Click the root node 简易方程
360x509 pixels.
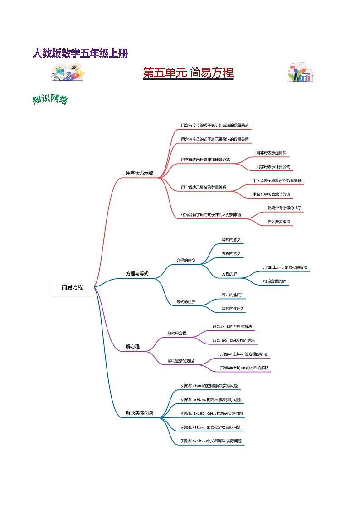point(73,287)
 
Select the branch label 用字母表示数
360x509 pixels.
point(140,173)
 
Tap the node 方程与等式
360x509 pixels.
point(137,274)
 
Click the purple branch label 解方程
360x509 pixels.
point(133,347)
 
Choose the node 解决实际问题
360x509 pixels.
point(140,413)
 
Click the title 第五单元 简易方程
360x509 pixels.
point(188,73)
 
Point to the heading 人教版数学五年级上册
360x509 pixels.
point(80,53)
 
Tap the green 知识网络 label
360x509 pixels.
point(50,100)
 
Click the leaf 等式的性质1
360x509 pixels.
point(233,295)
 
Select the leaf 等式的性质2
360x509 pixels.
point(233,309)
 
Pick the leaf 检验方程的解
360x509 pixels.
point(275,281)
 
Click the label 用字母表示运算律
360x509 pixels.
point(271,153)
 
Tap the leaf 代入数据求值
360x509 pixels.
point(278,222)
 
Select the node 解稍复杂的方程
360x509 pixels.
point(180,361)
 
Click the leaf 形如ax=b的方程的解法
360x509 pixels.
point(232,326)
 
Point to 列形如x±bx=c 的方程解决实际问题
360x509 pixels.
point(210,427)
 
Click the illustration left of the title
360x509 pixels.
point(68,73)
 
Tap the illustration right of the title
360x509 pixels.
point(300,73)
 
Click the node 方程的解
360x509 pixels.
point(229,274)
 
